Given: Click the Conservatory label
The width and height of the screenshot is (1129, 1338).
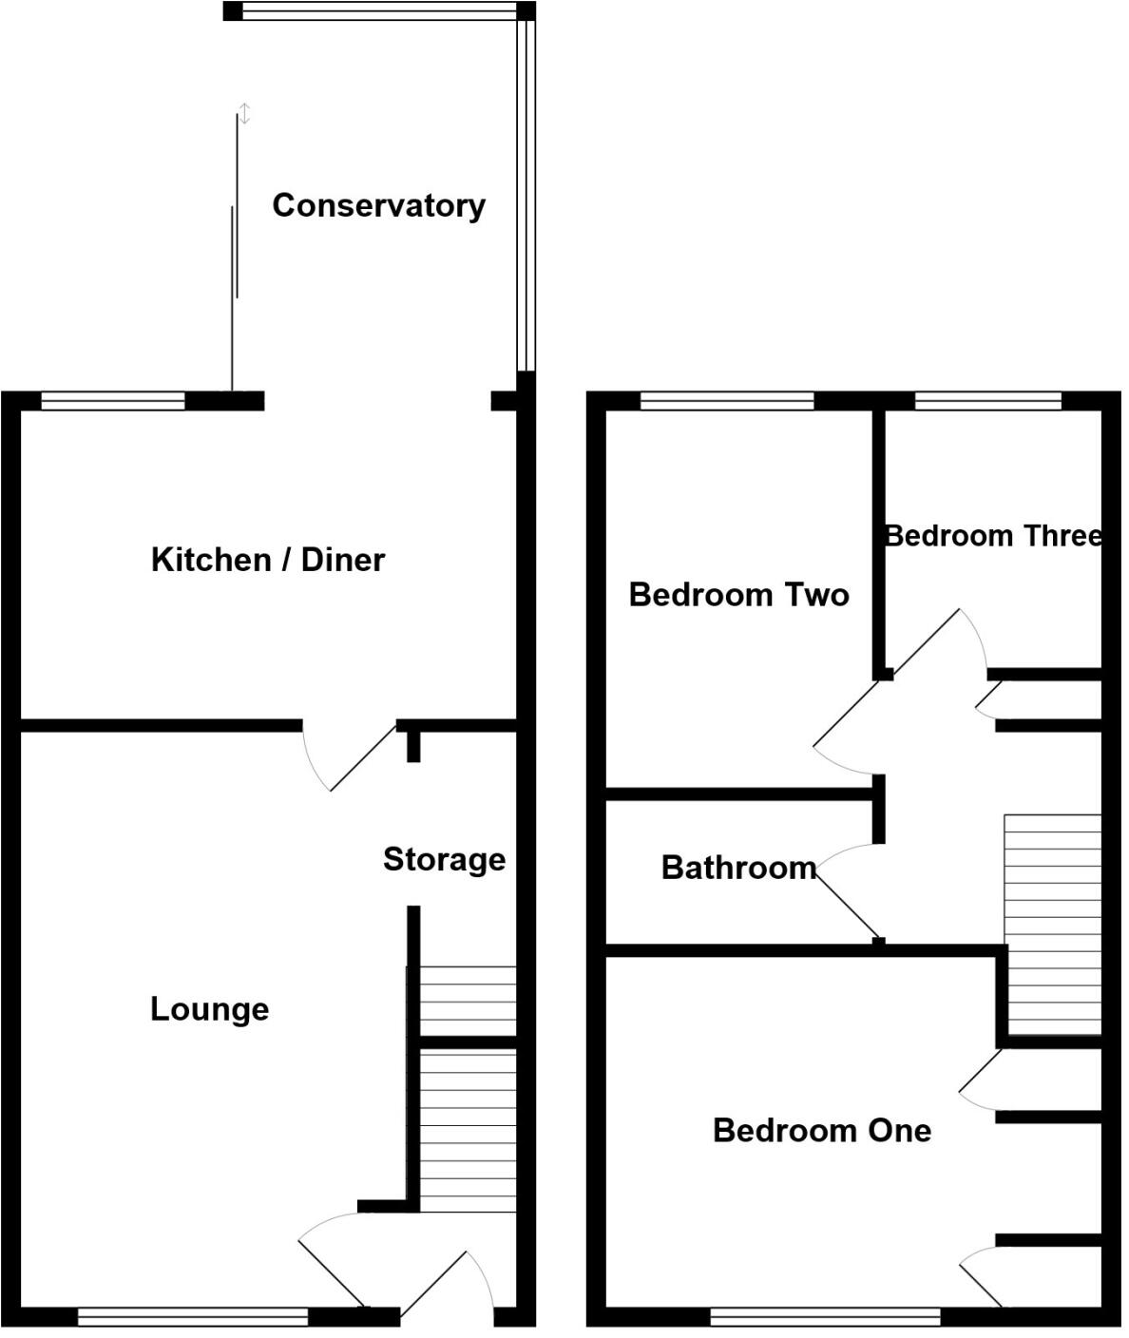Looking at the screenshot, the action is pos(378,205).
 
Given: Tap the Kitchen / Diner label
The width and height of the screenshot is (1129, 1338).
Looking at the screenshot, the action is pos(268,560).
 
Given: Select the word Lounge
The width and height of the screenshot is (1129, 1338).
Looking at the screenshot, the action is pos(210,1009).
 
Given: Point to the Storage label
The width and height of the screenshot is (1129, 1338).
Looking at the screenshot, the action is pos(444,859).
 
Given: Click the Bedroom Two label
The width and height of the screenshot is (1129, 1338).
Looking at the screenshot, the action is pos(738,595).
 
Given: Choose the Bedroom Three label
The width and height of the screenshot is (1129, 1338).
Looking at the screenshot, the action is pos(993,536).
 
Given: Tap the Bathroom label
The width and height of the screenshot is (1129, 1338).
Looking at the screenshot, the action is pos(738,868).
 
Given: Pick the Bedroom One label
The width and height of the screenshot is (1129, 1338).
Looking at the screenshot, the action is pos(822,1131).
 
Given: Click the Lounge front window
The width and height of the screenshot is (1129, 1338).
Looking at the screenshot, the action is pos(193,1316).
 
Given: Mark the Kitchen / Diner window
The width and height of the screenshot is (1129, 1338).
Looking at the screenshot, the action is pos(112,401).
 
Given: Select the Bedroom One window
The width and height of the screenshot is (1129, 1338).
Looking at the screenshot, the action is pos(825,1316).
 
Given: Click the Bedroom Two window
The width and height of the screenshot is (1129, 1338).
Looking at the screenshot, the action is pos(727,401).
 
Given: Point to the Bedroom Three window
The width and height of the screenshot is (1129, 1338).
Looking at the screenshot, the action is pos(987,401).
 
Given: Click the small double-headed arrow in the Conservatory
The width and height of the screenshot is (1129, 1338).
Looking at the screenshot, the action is pos(244,114).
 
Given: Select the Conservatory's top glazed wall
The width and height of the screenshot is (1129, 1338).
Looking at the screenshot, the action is pos(378,11).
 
